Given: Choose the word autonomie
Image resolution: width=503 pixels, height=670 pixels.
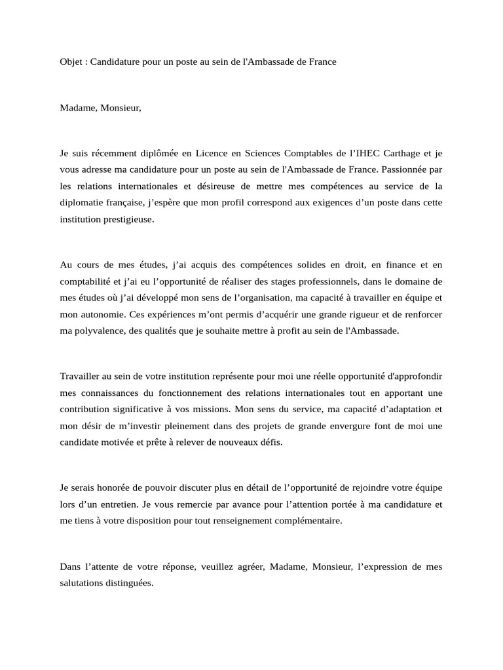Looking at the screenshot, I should (100, 315).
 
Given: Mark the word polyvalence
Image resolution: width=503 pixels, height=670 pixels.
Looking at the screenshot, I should (96, 330).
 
